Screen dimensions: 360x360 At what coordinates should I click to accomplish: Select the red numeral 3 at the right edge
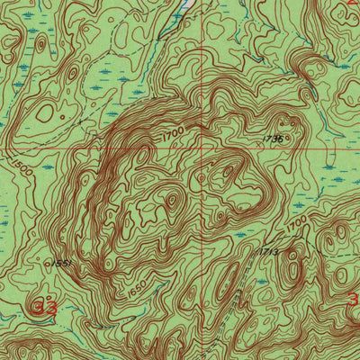point(353,299)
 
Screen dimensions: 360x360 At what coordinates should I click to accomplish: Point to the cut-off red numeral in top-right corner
point(353,4)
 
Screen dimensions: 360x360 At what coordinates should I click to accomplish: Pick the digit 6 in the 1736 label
point(282,139)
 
